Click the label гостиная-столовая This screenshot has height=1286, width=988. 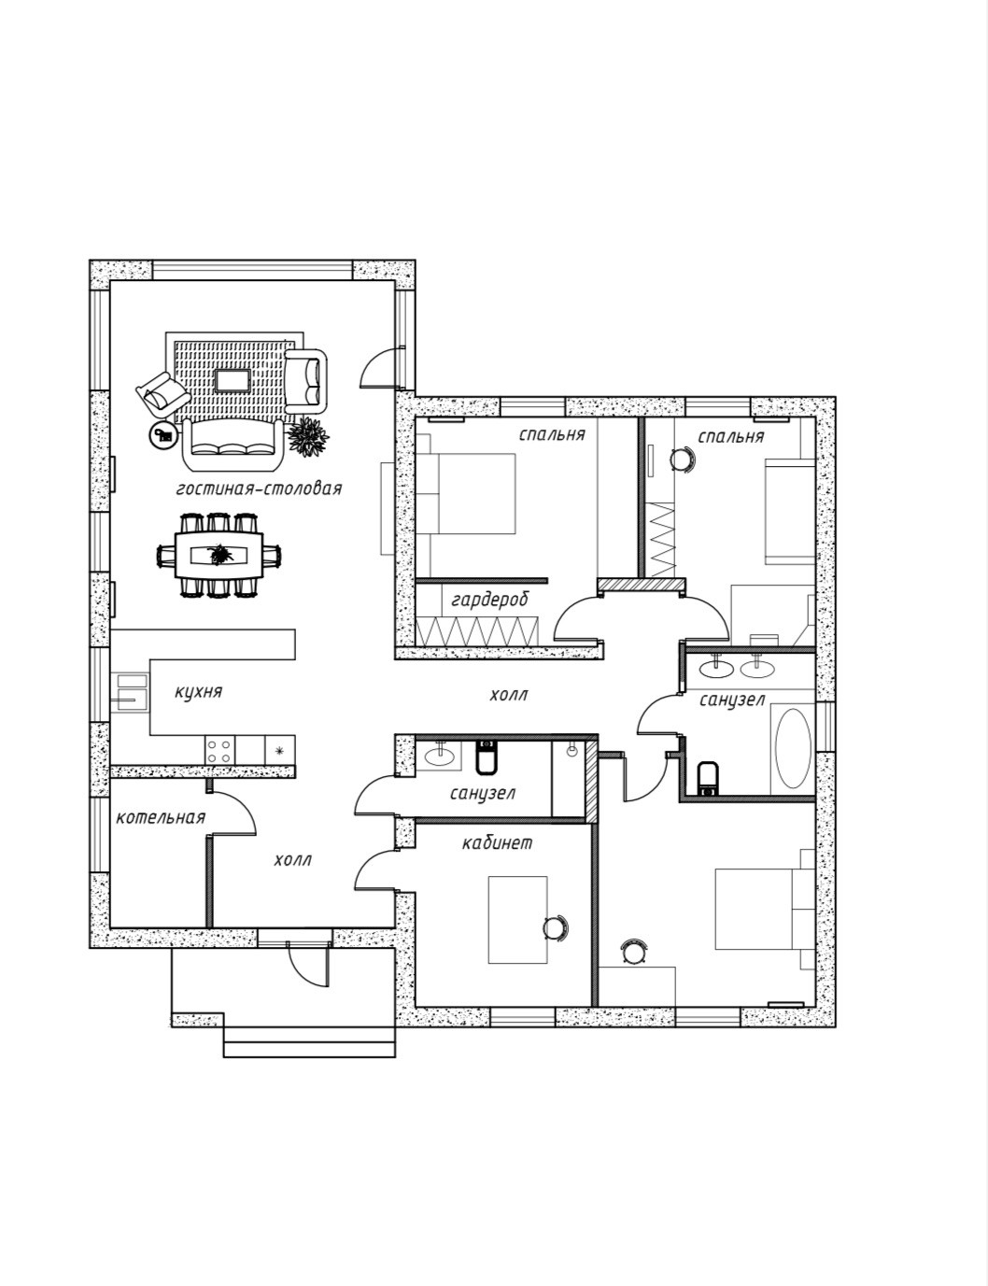click(x=259, y=488)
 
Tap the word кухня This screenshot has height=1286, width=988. click(x=198, y=692)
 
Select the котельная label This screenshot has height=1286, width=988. click(x=161, y=818)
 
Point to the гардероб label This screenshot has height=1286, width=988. click(x=489, y=600)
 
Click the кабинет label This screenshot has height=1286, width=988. click(x=497, y=843)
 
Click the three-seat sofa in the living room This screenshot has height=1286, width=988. click(x=233, y=443)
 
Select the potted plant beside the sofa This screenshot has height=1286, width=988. click(x=306, y=434)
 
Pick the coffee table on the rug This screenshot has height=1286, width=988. click(x=232, y=381)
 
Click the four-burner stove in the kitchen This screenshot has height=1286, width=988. click(x=220, y=749)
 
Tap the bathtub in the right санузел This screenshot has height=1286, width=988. click(x=794, y=748)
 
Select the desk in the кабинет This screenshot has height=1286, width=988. click(x=517, y=919)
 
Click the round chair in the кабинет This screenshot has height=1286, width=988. click(x=555, y=927)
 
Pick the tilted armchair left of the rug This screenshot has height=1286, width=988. click(x=160, y=394)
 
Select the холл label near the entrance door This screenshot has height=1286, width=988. click(x=292, y=860)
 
